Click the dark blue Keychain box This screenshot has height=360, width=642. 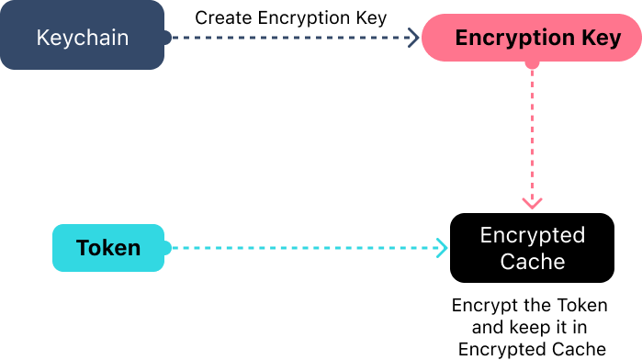pyautogui.click(x=82, y=36)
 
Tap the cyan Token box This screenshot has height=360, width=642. pyautogui.click(x=108, y=248)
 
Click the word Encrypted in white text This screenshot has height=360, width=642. pyautogui.click(x=532, y=235)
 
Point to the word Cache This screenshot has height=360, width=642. pyautogui.click(x=532, y=262)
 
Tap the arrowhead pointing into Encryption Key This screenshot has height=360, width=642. pyautogui.click(x=414, y=38)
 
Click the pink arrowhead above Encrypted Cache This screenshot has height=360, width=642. pyautogui.click(x=532, y=202)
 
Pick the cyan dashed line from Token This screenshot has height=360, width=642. pyautogui.click(x=303, y=248)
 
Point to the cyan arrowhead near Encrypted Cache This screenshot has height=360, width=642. pyautogui.click(x=442, y=248)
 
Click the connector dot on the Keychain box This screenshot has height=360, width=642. pyautogui.click(x=166, y=38)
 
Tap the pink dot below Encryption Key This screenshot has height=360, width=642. pyautogui.click(x=532, y=64)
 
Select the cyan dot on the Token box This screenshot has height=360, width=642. pyautogui.click(x=166, y=248)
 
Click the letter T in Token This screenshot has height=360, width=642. pyautogui.click(x=83, y=248)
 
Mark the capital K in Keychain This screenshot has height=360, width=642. pyautogui.click(x=42, y=39)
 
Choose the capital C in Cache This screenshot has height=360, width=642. pyautogui.click(x=507, y=262)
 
